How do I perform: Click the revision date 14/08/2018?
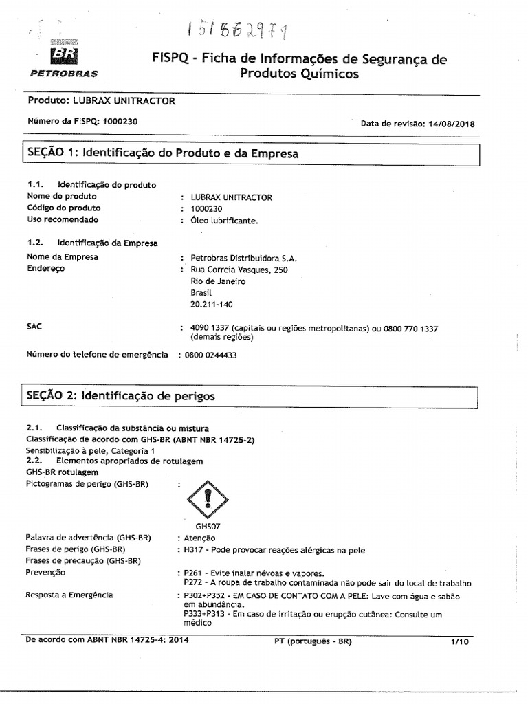click(451, 124)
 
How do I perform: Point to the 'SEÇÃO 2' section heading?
click(120, 396)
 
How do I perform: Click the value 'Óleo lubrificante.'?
click(224, 220)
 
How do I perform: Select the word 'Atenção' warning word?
click(199, 538)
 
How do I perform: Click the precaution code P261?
click(192, 573)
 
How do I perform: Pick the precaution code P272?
click(194, 583)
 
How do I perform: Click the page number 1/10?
click(459, 641)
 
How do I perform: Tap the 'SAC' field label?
click(34, 326)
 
